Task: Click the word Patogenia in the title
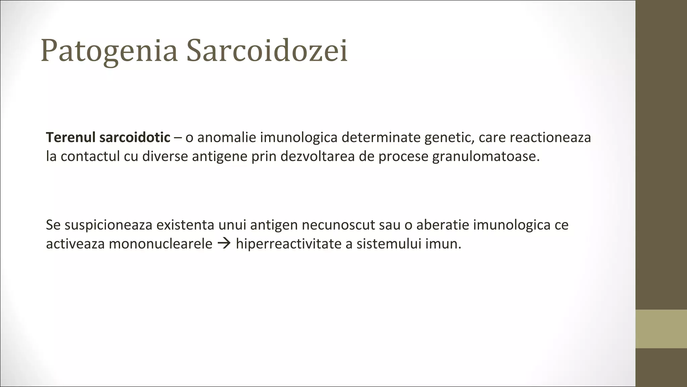pos(109,51)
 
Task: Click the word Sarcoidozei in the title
pos(267,51)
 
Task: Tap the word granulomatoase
pos(486,157)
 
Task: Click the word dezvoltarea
pos(317,157)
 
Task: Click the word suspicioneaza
pos(108,225)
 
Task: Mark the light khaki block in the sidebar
pos(661,329)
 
